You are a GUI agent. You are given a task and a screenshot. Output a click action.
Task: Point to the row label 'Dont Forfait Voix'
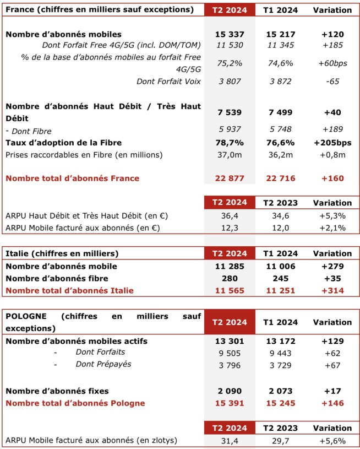pyautogui.click(x=168, y=82)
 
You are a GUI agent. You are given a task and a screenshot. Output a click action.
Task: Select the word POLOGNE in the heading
pyautogui.click(x=26, y=316)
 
